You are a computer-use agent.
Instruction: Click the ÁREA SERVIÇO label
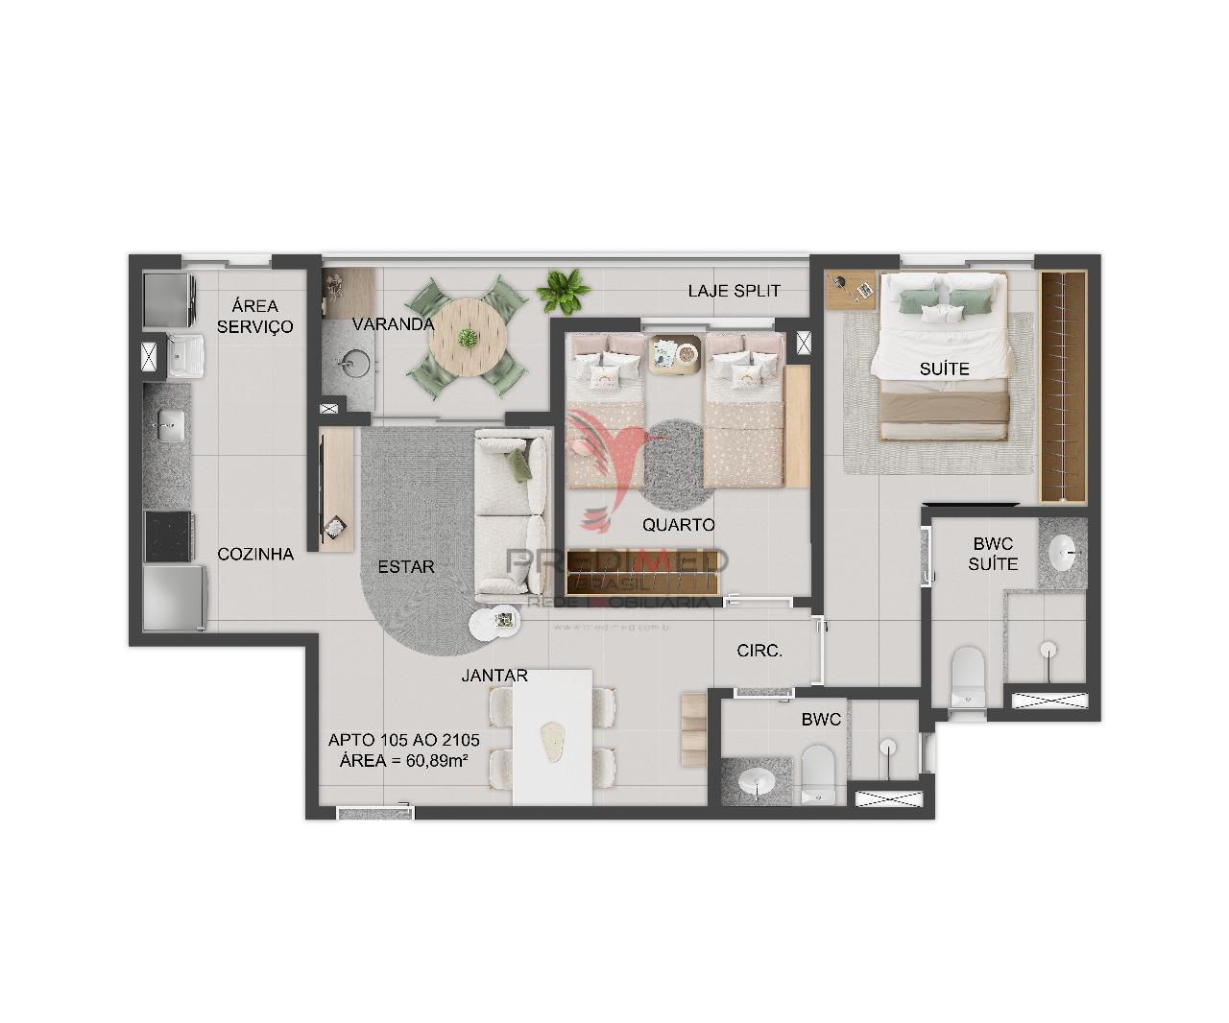tap(254, 317)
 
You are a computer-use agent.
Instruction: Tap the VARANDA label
tap(393, 324)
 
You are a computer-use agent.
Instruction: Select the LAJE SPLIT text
tap(734, 291)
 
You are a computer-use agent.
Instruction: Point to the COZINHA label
tap(255, 555)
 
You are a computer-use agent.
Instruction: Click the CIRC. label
tap(759, 651)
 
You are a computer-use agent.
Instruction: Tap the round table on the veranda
tap(468, 335)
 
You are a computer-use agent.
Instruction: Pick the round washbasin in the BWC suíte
tap(1063, 552)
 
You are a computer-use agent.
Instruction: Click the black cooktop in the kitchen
tap(169, 535)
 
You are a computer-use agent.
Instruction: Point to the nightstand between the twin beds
tap(673, 354)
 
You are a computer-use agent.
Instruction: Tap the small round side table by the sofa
tap(495, 623)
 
